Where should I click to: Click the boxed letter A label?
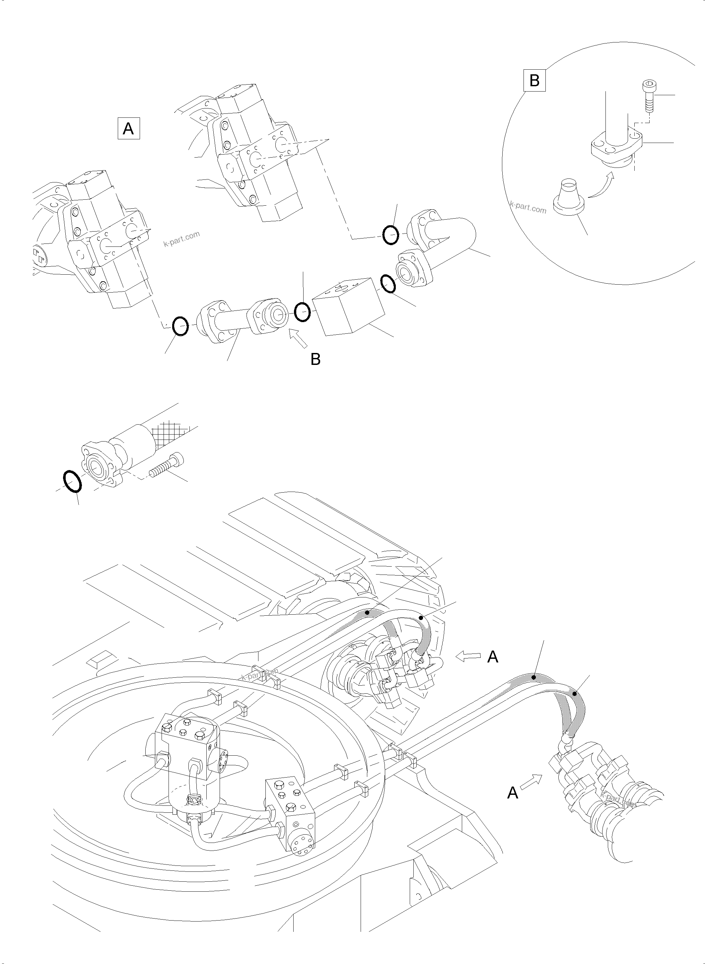click(128, 128)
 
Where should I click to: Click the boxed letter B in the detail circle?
click(534, 80)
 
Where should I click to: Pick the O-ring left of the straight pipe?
click(180, 326)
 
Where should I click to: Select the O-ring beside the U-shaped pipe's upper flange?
click(390, 235)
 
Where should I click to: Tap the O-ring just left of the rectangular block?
click(302, 311)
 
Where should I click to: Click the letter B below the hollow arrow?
click(316, 359)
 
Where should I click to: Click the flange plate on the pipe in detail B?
click(617, 147)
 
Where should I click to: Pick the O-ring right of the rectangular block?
click(388, 284)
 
